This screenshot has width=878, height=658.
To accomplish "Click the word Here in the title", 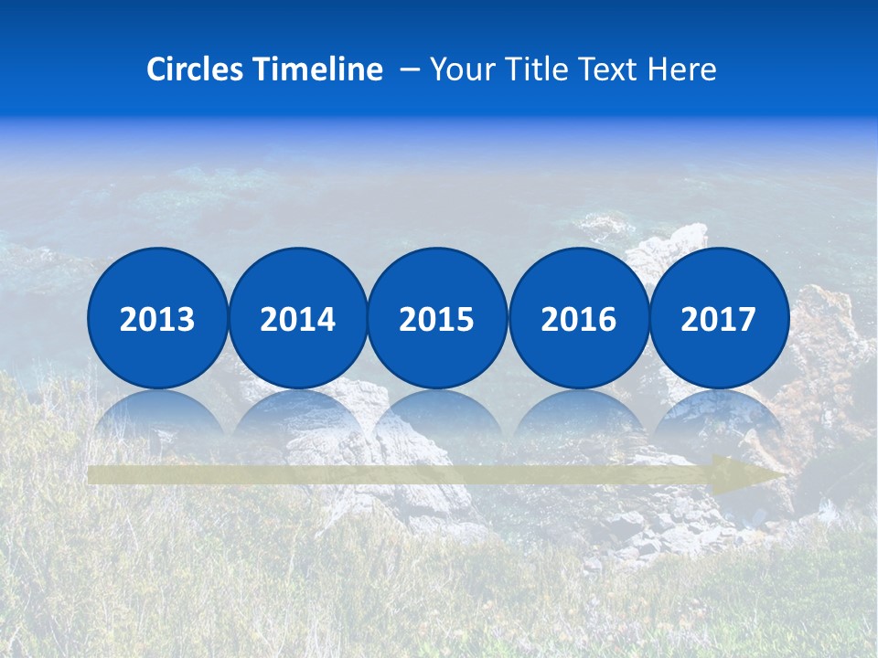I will pos(683,69).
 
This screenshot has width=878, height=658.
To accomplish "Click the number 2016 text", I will pos(578,320).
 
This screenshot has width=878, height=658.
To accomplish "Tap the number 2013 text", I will pos(157,320).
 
